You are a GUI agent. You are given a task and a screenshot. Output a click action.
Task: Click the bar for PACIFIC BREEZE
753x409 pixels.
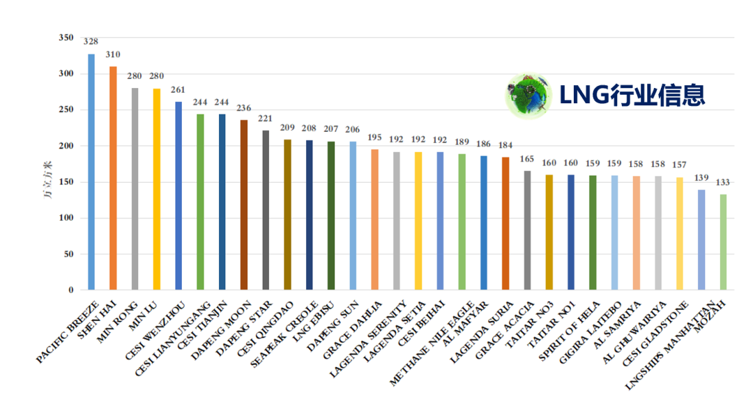click(91, 172)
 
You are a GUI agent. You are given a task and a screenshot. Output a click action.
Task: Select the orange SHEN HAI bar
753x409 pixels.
click(113, 178)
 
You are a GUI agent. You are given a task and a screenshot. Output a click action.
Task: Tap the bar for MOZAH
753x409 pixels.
click(723, 241)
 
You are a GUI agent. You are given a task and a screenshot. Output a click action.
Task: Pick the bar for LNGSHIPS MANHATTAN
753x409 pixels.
click(701, 239)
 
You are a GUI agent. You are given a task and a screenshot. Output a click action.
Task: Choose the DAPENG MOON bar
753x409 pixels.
click(244, 204)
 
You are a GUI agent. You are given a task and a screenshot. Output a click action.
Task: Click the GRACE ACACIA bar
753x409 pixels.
click(527, 230)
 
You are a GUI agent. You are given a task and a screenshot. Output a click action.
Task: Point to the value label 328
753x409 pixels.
click(91, 42)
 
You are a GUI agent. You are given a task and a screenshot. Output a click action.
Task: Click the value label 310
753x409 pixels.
click(113, 54)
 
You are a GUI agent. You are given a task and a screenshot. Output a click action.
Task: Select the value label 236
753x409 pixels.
click(243, 108)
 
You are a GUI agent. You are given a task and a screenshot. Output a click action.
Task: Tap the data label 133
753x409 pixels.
click(723, 182)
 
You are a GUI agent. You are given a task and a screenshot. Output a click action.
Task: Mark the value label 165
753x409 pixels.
click(527, 159)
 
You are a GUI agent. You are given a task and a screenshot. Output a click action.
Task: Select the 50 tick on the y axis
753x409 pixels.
click(68, 254)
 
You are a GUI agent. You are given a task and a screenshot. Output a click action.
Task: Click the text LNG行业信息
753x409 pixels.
click(632, 95)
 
